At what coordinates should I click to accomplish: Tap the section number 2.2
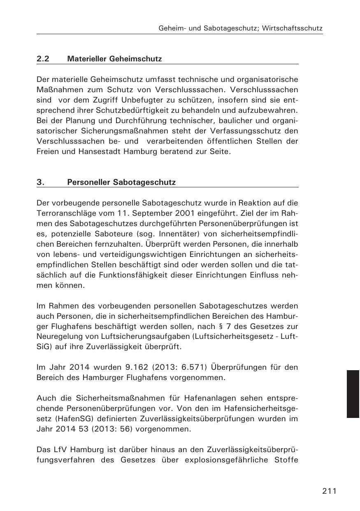click(43, 59)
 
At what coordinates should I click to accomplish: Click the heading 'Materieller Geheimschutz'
click(114, 59)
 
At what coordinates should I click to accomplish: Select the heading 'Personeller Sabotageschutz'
click(121, 182)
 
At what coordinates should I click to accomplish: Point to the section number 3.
click(40, 182)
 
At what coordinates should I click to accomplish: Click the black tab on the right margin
click(353, 394)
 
